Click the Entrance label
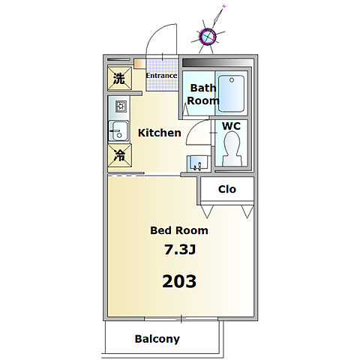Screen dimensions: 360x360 pos(161,76)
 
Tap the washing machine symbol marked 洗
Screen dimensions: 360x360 pos(120,79)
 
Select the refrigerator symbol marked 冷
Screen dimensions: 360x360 pos(120,155)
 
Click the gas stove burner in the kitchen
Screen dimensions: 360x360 pos(121,106)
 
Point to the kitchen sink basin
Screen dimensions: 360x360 pos(118,131)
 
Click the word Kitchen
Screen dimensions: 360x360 pos(160,133)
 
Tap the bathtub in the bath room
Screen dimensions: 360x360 pos(231,94)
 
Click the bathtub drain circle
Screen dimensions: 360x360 pos(232,80)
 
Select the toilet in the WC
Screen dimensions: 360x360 pos(232,148)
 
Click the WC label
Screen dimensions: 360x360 pos(231,126)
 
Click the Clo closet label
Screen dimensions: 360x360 pos(227,189)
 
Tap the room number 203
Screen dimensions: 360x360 pos(179,281)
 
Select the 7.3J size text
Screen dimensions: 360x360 pos(180,250)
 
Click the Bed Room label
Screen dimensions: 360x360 pos(179,230)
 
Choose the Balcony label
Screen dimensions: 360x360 pos(157,339)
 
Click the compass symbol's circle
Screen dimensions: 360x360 pos(208,37)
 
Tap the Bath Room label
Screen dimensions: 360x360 pos(203,94)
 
